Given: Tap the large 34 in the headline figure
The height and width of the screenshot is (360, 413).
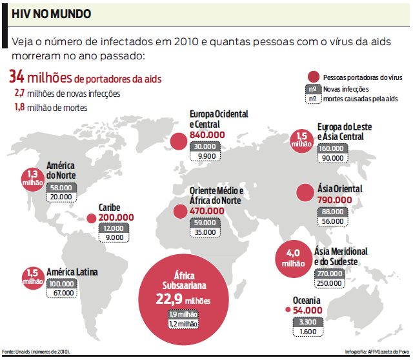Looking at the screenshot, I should tap(17, 77).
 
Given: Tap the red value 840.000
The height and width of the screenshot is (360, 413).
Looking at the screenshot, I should tap(207, 134).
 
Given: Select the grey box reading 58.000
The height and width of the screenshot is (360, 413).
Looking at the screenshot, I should tap(61, 187).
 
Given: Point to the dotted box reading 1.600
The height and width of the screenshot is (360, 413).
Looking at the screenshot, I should tap(308, 331).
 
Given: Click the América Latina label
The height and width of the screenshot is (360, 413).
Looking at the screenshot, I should tap(72, 272).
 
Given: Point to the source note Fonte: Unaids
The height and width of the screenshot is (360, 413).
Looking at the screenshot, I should tap(35, 352).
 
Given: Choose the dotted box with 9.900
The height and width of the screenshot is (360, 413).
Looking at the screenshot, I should tap(207, 155).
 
